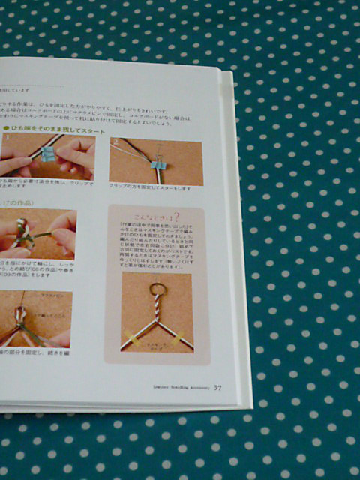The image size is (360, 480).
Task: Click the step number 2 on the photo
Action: [x=115, y=142]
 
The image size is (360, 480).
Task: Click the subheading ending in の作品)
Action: [x=19, y=202]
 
